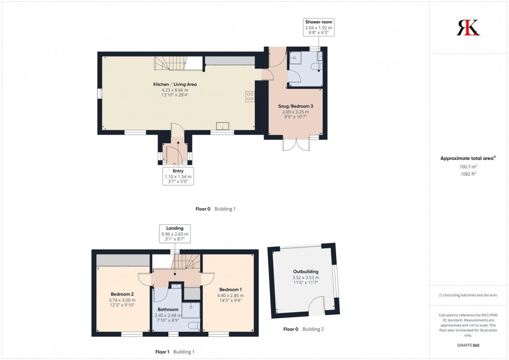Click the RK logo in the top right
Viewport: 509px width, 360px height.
468,27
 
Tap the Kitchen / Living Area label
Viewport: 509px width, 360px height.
175,84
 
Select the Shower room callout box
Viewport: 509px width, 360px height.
319,27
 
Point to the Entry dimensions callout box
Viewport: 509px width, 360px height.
178,177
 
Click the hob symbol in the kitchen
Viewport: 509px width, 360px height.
250,96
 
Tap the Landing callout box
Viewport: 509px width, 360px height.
175,234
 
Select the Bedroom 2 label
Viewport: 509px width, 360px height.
123,294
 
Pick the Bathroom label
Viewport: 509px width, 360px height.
169,310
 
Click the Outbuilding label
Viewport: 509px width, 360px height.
305,272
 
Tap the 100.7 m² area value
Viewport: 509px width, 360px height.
468,167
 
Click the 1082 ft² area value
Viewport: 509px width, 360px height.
468,174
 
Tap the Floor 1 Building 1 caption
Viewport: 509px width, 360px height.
175,352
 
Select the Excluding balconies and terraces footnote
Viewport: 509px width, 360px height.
468,295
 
